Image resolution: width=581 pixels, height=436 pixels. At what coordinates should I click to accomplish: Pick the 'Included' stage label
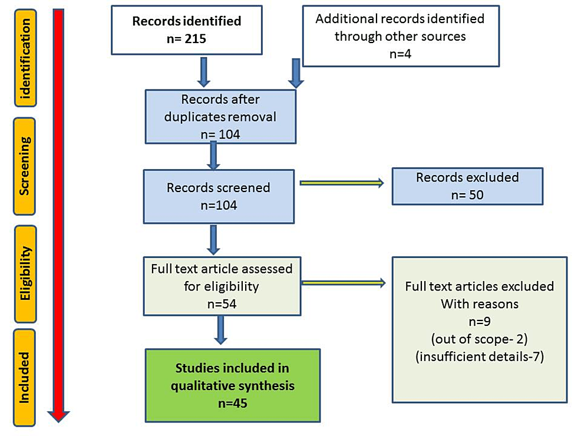pyautogui.click(x=25, y=377)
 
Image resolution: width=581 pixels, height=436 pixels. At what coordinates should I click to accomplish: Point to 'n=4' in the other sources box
pyautogui.click(x=400, y=54)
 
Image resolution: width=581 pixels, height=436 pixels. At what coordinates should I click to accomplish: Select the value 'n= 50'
pyautogui.click(x=467, y=194)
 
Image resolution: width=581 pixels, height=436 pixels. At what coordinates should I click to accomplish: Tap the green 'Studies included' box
pyautogui.click(x=233, y=385)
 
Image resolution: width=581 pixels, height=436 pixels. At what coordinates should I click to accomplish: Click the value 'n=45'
pyautogui.click(x=233, y=404)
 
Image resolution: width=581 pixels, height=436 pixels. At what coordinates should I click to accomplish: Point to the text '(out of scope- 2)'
pyautogui.click(x=480, y=340)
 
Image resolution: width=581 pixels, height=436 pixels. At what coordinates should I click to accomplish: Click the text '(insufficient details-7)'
pyautogui.click(x=480, y=356)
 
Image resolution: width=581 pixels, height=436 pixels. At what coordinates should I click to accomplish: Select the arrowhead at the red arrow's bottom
pyautogui.click(x=58, y=416)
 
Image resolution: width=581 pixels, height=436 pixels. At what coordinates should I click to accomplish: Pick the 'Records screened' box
pyautogui.click(x=218, y=196)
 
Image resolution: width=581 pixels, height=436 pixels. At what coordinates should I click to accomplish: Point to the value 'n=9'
pyautogui.click(x=480, y=322)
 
